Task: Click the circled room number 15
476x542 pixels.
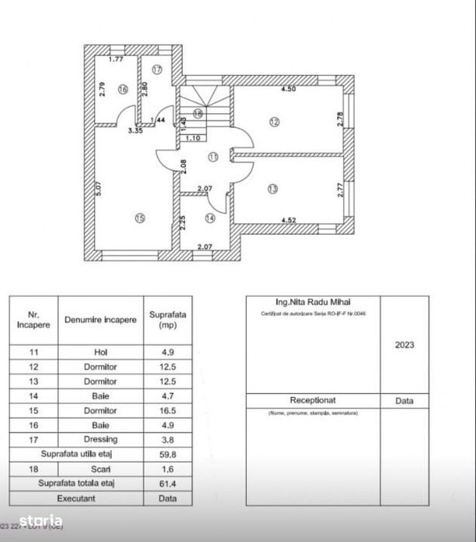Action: click(x=139, y=219)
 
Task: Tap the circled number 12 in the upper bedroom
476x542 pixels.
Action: click(x=273, y=121)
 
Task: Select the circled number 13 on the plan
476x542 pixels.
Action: click(x=272, y=188)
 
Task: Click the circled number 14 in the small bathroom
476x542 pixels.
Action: click(x=210, y=219)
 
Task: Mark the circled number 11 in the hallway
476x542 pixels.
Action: click(x=212, y=157)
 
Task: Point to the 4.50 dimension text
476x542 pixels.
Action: click(x=288, y=89)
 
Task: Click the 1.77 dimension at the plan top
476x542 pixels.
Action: click(x=116, y=60)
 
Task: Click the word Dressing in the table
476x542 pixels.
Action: click(x=100, y=440)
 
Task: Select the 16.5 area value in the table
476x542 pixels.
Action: click(x=168, y=411)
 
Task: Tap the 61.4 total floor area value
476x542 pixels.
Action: click(x=168, y=483)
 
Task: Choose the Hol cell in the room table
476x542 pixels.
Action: click(x=100, y=352)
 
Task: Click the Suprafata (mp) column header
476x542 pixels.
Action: click(x=168, y=320)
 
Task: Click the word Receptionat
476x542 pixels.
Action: click(x=312, y=401)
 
